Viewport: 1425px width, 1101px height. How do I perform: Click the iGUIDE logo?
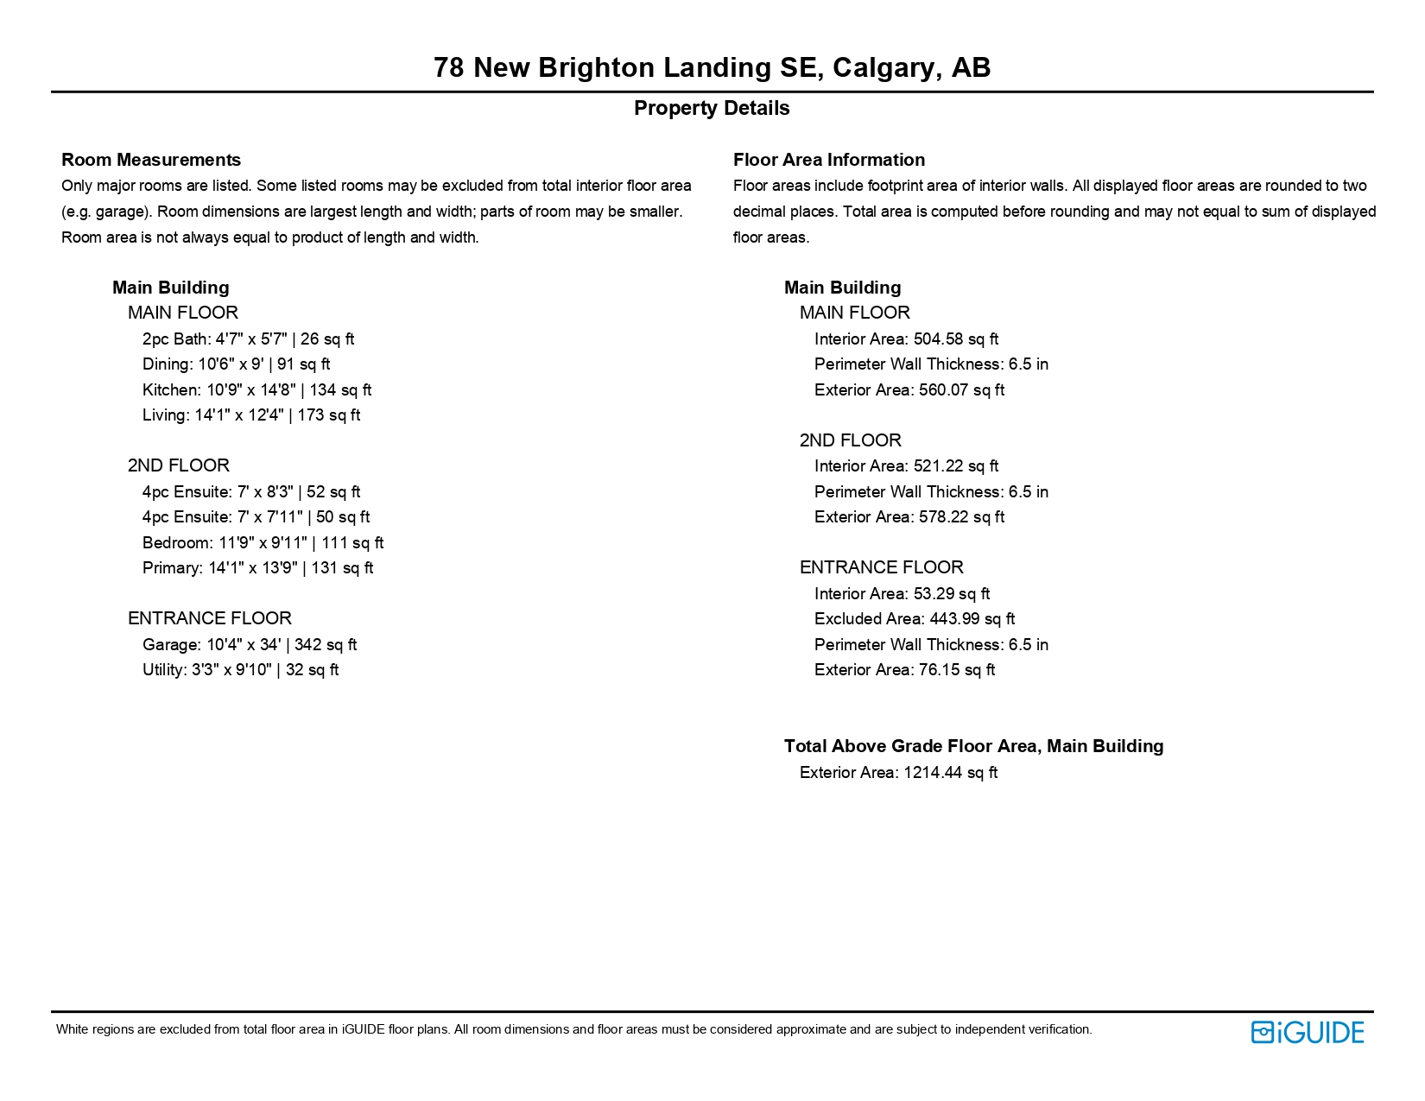1307,1032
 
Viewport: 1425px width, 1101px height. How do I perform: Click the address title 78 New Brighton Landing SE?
712,67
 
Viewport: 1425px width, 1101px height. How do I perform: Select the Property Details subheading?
712,108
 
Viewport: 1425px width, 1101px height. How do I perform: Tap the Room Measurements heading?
151,160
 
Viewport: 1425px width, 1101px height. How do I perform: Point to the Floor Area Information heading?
828,160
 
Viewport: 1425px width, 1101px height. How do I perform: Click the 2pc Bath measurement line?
248,339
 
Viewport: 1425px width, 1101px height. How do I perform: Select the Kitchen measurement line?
256,389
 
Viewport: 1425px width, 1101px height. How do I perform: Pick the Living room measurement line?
250,414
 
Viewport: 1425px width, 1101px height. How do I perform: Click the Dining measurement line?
236,364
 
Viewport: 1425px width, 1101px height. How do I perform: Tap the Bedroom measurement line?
263,542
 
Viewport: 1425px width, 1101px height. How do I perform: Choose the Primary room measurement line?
257,567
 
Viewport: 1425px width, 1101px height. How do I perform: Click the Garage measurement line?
249,644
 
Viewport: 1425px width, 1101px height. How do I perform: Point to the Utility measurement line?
240,669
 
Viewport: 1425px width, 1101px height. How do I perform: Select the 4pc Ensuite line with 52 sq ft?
251,491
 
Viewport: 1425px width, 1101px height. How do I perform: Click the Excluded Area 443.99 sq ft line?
914,618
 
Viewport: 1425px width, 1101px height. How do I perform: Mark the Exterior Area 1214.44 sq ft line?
898,772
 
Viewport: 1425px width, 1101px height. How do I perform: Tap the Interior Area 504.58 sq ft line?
906,339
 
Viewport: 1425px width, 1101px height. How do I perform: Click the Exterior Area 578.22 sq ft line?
909,516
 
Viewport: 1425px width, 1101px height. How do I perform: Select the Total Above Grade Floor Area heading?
973,746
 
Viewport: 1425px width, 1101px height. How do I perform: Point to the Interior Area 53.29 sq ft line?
902,593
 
